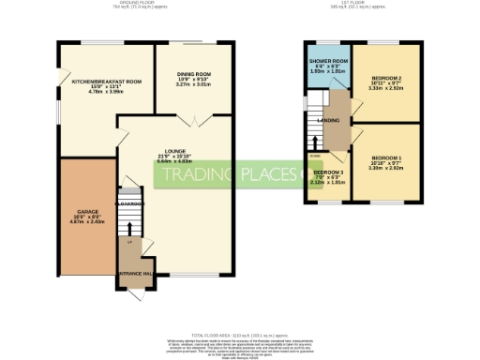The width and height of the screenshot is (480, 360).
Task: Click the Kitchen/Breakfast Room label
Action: [x=106, y=82]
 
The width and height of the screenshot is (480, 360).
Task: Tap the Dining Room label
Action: [x=194, y=74]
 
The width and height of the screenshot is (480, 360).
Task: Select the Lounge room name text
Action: [x=174, y=151]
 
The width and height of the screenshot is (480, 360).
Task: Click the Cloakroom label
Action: [x=127, y=203]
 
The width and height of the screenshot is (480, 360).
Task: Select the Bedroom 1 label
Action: [x=386, y=157]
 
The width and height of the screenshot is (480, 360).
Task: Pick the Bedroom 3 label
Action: [x=328, y=173]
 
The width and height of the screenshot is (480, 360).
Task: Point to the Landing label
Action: [x=329, y=120]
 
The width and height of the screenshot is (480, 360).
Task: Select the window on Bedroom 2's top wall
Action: [x=386, y=43]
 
